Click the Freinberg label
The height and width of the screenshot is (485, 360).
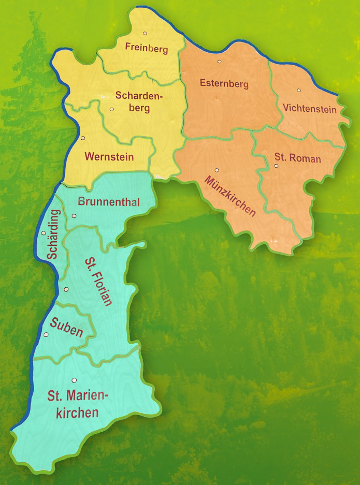[147, 49]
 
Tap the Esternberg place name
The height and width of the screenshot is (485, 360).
[224, 84]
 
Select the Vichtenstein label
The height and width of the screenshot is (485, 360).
[310, 109]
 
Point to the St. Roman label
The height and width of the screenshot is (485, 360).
[297, 158]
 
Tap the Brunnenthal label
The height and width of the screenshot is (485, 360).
[108, 202]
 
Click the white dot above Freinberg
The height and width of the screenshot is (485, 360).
[145, 33]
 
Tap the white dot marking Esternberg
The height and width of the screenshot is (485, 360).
[220, 62]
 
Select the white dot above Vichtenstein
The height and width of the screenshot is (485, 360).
[299, 90]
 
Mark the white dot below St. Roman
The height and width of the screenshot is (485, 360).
[277, 166]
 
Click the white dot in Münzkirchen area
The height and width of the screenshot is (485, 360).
[217, 170]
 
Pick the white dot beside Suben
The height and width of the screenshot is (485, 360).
[46, 335]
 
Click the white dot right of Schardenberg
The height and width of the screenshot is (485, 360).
[112, 109]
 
